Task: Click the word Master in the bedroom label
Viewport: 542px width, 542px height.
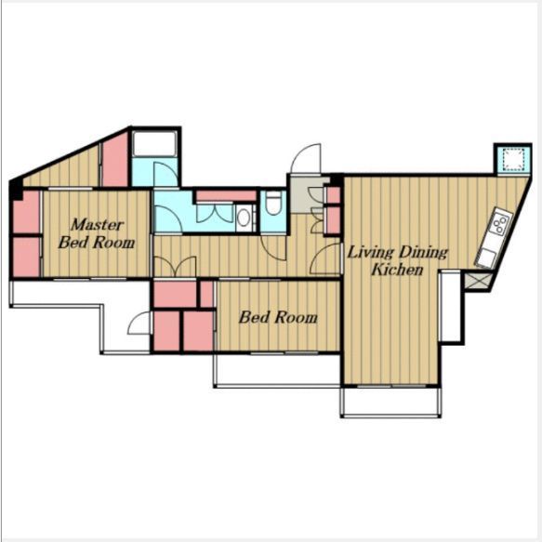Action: pos(97,225)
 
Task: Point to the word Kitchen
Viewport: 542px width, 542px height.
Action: pos(397,270)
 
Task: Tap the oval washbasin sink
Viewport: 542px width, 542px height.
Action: pos(244,218)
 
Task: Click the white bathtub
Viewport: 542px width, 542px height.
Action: pos(155,143)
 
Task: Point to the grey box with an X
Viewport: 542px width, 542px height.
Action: pos(478,281)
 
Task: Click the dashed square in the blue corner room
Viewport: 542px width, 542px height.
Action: pos(513,159)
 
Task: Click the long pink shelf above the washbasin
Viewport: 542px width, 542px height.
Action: pos(227,196)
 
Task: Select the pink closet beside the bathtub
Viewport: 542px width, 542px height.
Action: pos(115,161)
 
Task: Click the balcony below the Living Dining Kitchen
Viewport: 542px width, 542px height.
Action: pos(391,402)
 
